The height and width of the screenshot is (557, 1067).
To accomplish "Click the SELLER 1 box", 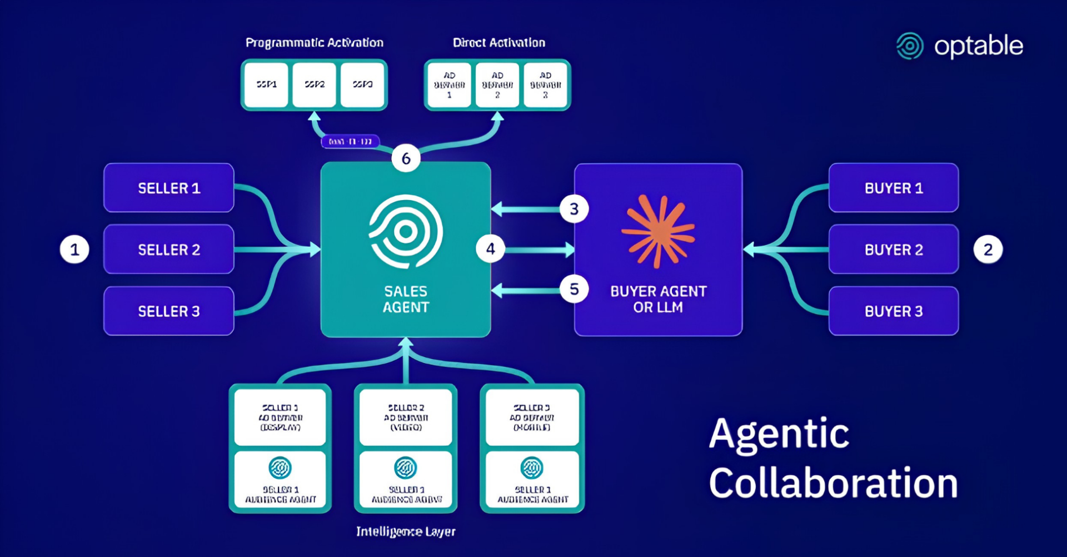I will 169,188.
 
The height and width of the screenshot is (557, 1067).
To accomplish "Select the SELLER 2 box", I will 169,250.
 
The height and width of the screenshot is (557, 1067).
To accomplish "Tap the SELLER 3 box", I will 169,311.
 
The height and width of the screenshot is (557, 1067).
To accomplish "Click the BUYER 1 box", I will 894,188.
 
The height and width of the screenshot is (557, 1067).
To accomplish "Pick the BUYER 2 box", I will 894,250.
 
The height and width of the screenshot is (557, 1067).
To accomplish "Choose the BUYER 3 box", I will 894,311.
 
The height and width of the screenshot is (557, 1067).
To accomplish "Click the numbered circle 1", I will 74,250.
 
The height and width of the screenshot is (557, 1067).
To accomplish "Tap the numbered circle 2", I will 988,250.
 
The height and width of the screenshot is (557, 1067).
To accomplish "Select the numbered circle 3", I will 574,209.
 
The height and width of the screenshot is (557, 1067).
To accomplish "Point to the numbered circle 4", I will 490,249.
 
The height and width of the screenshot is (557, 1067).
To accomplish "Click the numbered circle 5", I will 574,289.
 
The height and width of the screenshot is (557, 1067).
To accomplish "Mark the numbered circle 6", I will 406,158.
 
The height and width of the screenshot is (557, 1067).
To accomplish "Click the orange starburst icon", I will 658,231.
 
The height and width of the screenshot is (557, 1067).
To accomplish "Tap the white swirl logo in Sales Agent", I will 406,231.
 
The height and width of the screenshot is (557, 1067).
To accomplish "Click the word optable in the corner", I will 978,46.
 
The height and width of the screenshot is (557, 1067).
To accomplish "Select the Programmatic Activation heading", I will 315,43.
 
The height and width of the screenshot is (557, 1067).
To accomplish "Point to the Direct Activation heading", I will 499,43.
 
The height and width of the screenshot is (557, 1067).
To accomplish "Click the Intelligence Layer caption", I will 406,531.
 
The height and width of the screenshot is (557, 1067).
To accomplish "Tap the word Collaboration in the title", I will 833,483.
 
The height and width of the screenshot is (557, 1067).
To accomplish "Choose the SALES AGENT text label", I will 406,299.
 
